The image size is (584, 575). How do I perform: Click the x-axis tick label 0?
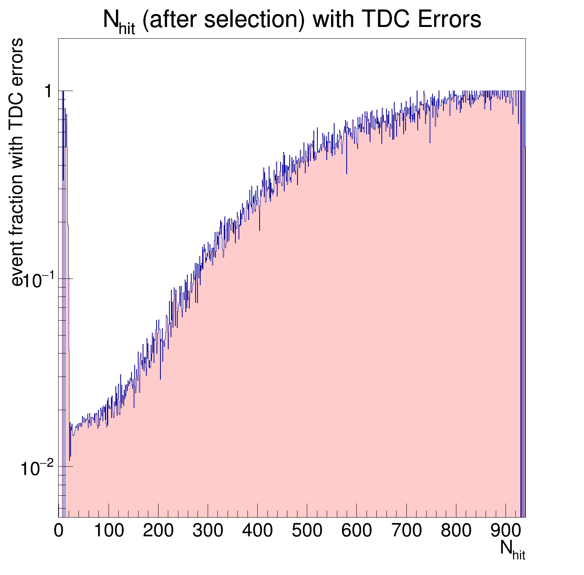tap(59, 531)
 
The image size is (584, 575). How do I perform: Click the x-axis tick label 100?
tap(108, 531)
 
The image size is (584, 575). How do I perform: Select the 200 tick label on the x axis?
tap(158, 531)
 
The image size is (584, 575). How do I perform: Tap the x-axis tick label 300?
tap(207, 531)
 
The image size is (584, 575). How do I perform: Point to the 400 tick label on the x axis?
tap(257, 531)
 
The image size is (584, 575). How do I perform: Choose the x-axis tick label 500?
tap(306, 531)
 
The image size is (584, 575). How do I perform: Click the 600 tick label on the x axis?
tap(356, 531)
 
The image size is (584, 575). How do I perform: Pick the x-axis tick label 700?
tap(406, 531)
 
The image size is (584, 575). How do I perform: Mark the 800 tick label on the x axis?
tap(456, 531)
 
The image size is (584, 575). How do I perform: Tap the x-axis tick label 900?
tap(505, 531)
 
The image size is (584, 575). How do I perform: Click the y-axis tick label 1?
tap(48, 92)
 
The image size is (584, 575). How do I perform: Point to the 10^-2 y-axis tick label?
tap(36, 469)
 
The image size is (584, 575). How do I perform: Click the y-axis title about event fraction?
tap(17, 162)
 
